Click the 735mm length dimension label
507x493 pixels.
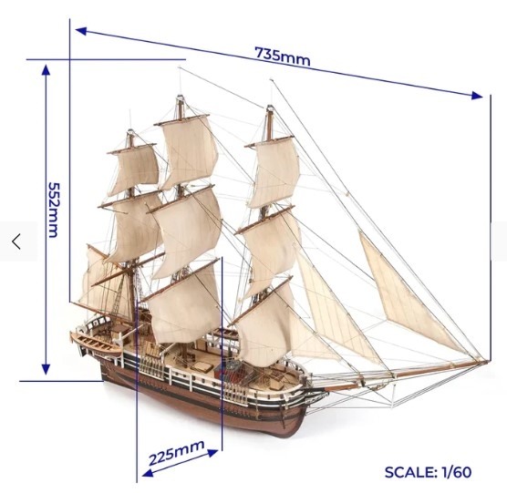point(283,56)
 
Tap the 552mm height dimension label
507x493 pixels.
point(54,210)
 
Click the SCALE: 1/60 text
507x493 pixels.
point(428,472)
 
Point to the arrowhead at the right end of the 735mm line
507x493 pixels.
point(477,96)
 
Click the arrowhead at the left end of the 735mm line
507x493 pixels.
point(81,31)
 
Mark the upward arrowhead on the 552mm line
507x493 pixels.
point(46,70)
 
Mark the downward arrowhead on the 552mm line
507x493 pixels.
point(46,369)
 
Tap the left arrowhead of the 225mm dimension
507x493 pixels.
point(148,473)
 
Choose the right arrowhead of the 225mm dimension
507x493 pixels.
point(212,453)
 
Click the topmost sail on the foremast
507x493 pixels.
point(274,173)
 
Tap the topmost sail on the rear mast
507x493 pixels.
point(134,169)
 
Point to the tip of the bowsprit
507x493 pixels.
point(487,362)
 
